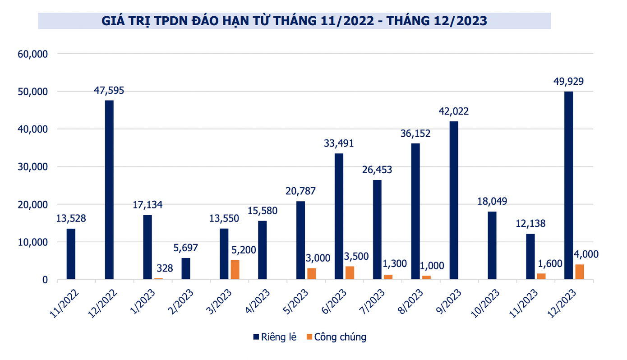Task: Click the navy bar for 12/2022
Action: tap(109, 190)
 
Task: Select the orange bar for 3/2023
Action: tap(235, 270)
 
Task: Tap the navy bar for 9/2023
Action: tap(454, 200)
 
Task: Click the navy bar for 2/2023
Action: tap(186, 269)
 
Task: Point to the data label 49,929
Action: tap(568, 82)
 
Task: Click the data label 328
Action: tap(165, 268)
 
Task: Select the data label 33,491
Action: tap(339, 143)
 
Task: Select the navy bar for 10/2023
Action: tap(492, 245)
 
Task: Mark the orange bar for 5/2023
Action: tap(312, 274)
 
